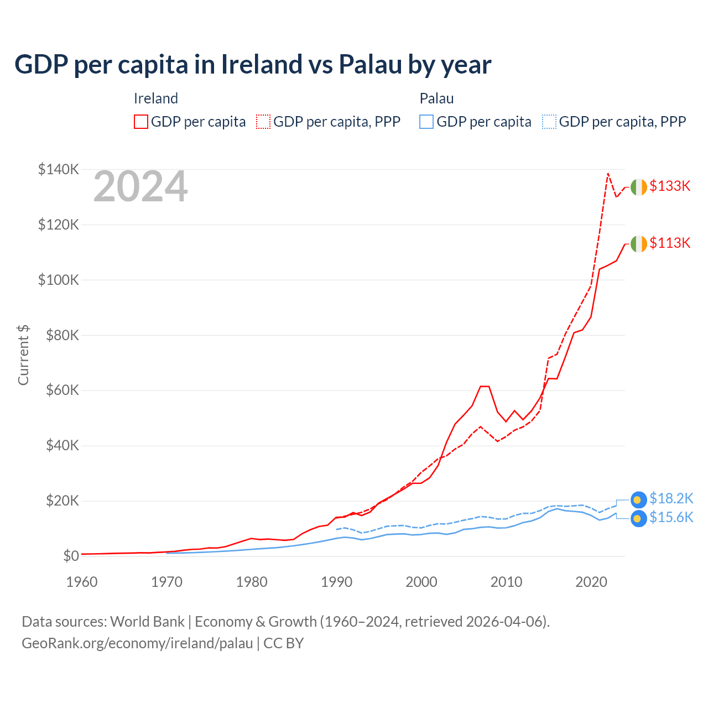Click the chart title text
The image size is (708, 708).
[253, 64]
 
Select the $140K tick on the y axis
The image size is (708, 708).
[58, 169]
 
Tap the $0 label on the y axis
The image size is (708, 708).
[71, 556]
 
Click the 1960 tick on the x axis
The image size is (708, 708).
[82, 582]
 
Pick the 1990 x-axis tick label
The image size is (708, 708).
[336, 582]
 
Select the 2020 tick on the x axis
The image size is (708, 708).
[591, 582]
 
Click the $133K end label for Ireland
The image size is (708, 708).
[670, 186]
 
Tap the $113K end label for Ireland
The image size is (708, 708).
[670, 243]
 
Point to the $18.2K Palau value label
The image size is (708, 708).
[671, 498]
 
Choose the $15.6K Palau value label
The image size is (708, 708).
[671, 518]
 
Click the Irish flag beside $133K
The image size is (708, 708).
[639, 188]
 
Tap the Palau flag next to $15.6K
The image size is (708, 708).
[639, 519]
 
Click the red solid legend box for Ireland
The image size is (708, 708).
[141, 122]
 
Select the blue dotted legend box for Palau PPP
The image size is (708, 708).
[549, 122]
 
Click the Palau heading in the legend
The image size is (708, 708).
[436, 98]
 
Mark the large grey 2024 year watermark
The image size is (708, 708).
[140, 187]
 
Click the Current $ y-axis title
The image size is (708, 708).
[23, 355]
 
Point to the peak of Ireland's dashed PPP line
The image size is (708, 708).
[608, 174]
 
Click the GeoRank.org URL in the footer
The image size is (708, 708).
[137, 643]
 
